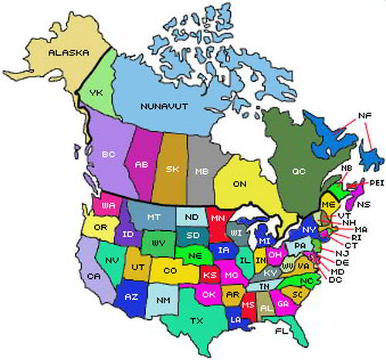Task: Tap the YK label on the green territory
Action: [96, 93]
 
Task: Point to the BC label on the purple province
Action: [108, 154]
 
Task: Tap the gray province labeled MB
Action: [201, 169]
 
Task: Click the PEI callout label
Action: [377, 183]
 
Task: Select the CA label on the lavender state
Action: [94, 276]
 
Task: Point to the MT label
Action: [154, 218]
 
